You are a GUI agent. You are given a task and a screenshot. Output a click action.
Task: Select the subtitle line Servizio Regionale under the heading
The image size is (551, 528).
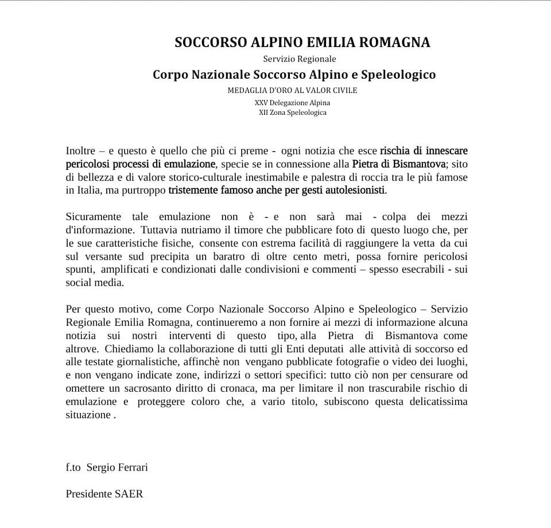tap(300, 59)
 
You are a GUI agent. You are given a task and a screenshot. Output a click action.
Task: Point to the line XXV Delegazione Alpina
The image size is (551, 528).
tap(292, 102)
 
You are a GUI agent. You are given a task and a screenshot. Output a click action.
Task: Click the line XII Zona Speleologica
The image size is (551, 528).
tap(292, 113)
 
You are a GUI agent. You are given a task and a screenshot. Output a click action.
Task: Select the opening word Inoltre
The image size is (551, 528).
tap(81, 151)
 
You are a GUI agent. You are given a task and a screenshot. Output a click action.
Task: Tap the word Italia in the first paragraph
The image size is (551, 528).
tap(89, 190)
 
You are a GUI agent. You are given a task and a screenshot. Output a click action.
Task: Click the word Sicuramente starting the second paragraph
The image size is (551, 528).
tap(94, 217)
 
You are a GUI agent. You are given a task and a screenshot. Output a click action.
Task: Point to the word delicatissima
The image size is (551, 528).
tap(432, 400)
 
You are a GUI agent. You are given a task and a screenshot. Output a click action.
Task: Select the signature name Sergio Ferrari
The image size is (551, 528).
tap(117, 467)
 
